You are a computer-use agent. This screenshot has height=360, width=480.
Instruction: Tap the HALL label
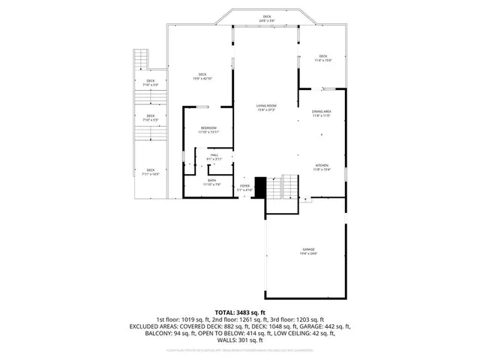click(214, 157)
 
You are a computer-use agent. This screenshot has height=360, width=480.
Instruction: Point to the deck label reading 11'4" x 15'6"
click(323, 58)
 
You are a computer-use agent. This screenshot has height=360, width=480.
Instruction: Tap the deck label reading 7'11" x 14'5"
click(151, 172)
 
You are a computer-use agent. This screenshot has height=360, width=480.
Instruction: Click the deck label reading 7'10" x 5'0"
click(151, 82)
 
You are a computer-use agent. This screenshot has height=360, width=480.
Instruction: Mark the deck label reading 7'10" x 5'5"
click(151, 118)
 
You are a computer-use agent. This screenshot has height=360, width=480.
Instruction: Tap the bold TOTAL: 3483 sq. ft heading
click(240, 312)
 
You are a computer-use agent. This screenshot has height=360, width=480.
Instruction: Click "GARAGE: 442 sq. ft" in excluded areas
click(325, 326)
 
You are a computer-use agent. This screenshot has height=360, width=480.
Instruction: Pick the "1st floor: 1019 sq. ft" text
click(182, 319)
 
